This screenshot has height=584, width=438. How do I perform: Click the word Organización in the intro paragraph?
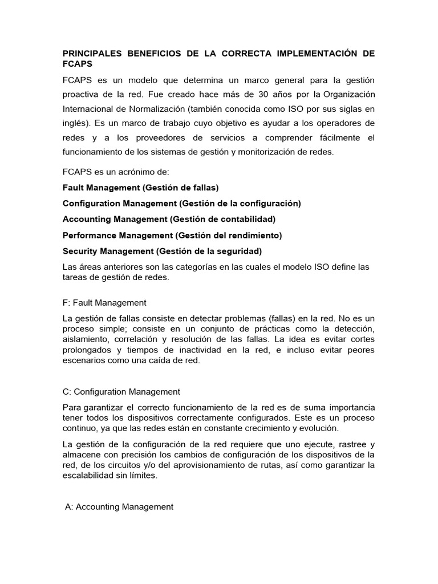click(343, 94)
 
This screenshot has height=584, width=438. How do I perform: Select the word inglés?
click(75, 123)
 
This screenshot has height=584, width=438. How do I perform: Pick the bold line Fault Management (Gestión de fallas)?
click(140, 187)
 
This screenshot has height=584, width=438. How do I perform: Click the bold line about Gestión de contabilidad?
click(169, 219)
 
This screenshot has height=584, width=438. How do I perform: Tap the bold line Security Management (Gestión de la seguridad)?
click(162, 251)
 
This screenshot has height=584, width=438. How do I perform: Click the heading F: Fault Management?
click(104, 303)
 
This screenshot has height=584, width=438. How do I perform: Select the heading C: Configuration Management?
click(121, 392)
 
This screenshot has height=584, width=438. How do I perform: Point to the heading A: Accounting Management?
click(119, 506)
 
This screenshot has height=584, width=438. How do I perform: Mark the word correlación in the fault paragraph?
click(148, 339)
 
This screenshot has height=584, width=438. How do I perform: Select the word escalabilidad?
click(89, 475)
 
